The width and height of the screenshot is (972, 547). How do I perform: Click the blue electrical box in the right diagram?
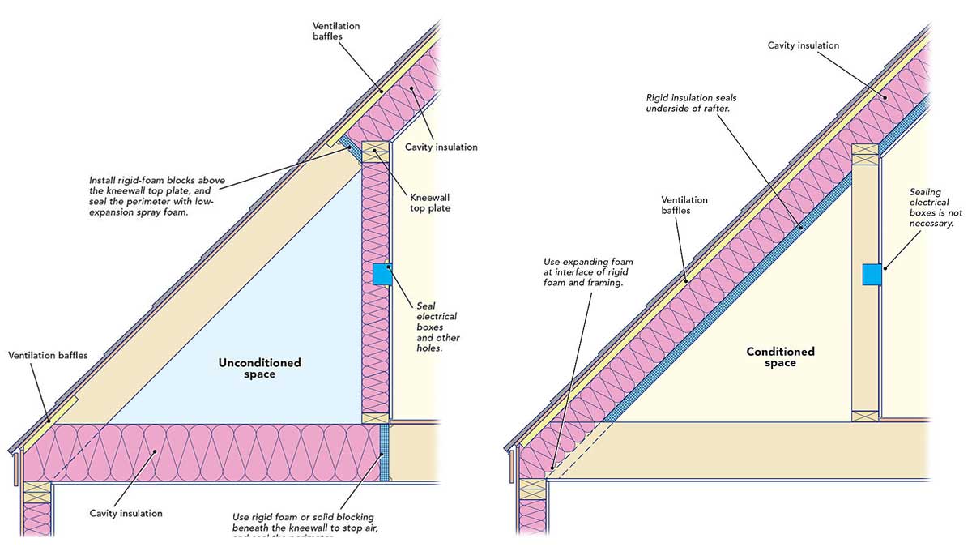(872, 274)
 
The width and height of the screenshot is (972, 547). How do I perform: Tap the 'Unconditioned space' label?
(259, 368)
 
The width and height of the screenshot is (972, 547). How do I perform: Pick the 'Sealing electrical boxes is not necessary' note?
(932, 207)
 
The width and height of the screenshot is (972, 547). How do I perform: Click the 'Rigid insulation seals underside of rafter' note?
(691, 104)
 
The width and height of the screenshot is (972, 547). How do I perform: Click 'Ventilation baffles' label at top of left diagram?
(335, 31)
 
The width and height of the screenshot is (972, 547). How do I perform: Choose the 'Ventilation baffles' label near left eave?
(48, 355)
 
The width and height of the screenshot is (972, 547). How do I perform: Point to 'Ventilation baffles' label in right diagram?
(684, 205)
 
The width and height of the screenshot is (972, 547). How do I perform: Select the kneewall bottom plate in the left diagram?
(375, 417)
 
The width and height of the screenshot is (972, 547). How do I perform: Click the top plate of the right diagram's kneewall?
(866, 152)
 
